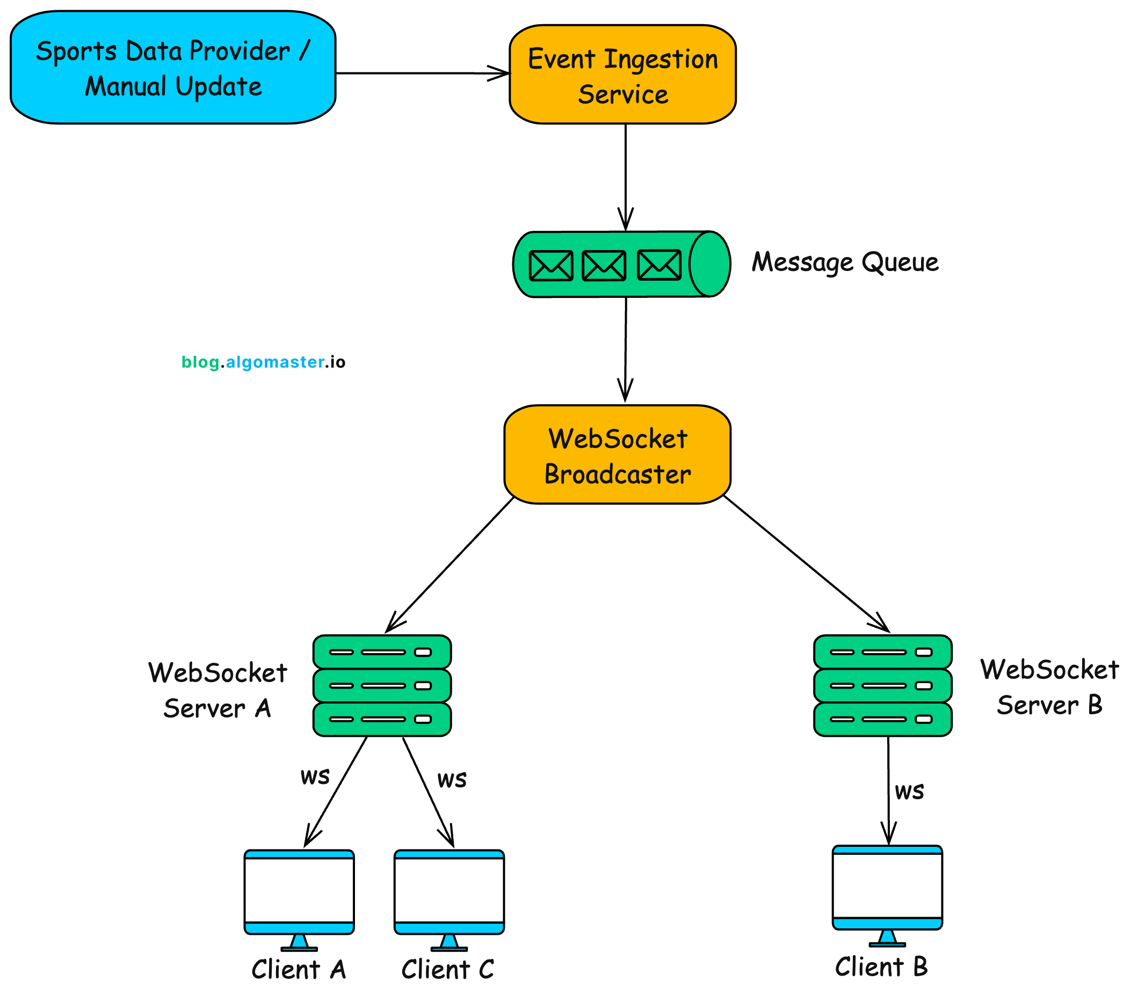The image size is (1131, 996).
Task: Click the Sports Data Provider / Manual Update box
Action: pos(172,68)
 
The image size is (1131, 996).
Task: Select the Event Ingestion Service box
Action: pos(622,75)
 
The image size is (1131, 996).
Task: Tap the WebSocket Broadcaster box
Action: pos(617,455)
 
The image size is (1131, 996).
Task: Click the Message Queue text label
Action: pos(845,262)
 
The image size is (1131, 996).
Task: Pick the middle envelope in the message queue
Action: pos(604,266)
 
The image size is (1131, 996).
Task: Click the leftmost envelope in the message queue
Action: pos(550,266)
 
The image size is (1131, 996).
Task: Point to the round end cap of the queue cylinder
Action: pos(710,264)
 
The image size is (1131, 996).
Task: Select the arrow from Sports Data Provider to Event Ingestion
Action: pos(421,73)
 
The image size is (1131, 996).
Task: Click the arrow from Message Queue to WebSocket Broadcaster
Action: pos(626,348)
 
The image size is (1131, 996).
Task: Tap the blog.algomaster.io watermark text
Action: pos(263,362)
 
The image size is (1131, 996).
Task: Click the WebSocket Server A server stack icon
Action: pos(382,685)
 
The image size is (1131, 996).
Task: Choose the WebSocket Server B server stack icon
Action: pos(882,685)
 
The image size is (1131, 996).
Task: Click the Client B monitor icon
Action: pos(887,889)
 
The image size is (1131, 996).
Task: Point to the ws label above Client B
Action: pos(909,791)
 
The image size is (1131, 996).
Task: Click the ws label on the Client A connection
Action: pos(315,776)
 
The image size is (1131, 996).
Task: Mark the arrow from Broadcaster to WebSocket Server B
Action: pos(805,563)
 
